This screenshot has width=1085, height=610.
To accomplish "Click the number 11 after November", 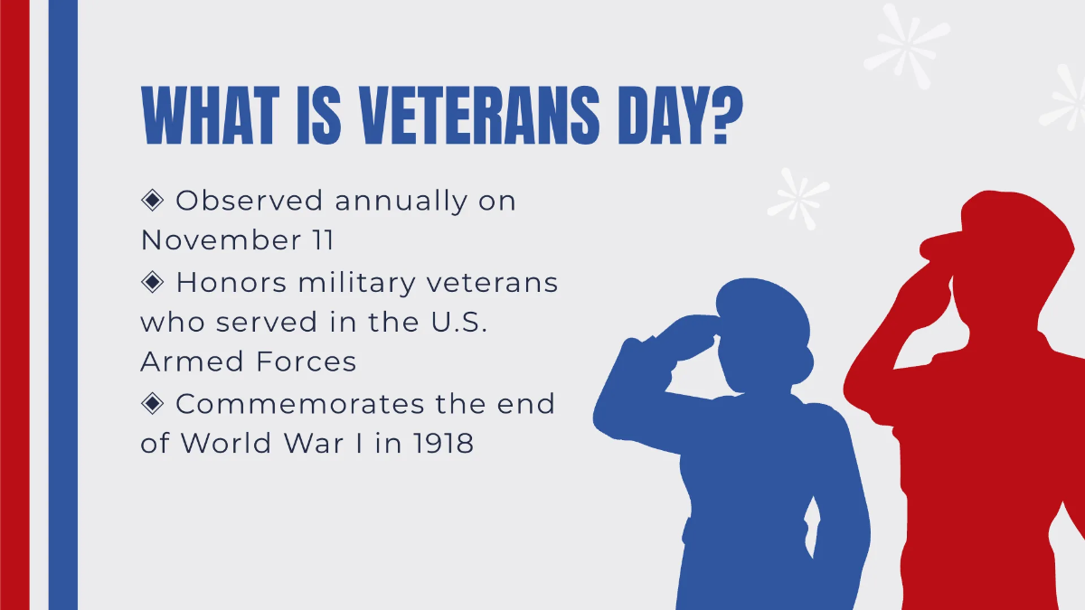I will click(320, 240).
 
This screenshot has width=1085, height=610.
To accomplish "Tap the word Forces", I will click(310, 362).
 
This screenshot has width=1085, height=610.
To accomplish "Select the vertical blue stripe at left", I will click(62, 305).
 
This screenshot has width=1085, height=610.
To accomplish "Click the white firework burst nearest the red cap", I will click(797, 196).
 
